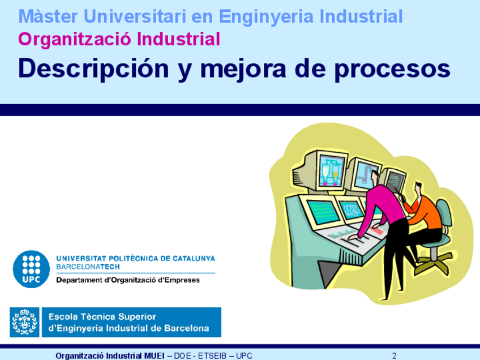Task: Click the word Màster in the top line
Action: (48, 16)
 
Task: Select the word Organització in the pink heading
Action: (75, 40)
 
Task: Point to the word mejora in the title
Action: (243, 70)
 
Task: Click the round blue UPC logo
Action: (31, 269)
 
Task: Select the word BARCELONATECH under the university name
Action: (88, 267)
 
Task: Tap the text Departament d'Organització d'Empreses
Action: (128, 280)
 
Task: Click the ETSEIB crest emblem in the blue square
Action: (24, 322)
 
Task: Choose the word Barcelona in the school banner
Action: (186, 328)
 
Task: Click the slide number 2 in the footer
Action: (395, 355)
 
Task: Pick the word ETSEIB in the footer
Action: (212, 355)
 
